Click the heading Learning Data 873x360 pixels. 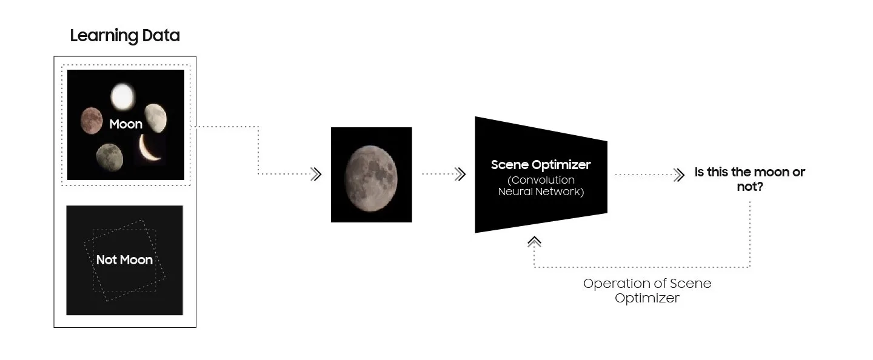(x=125, y=35)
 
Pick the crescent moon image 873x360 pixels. (x=150, y=148)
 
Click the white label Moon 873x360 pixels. (x=125, y=124)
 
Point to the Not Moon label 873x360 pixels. (x=124, y=260)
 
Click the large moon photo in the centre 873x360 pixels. (x=371, y=175)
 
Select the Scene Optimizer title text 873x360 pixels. (x=540, y=165)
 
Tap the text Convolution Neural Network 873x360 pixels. (x=541, y=185)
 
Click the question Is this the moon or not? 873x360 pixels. (x=749, y=179)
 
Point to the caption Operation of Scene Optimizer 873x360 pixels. (x=647, y=290)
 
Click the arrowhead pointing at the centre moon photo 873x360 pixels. (x=316, y=175)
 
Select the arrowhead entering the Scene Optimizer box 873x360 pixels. (x=460, y=175)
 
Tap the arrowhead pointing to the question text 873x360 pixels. (x=679, y=175)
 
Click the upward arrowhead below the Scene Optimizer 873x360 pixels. (x=534, y=241)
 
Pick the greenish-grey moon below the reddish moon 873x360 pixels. (x=109, y=157)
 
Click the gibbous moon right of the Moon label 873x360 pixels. (x=155, y=118)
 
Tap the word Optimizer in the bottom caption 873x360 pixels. (x=647, y=298)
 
